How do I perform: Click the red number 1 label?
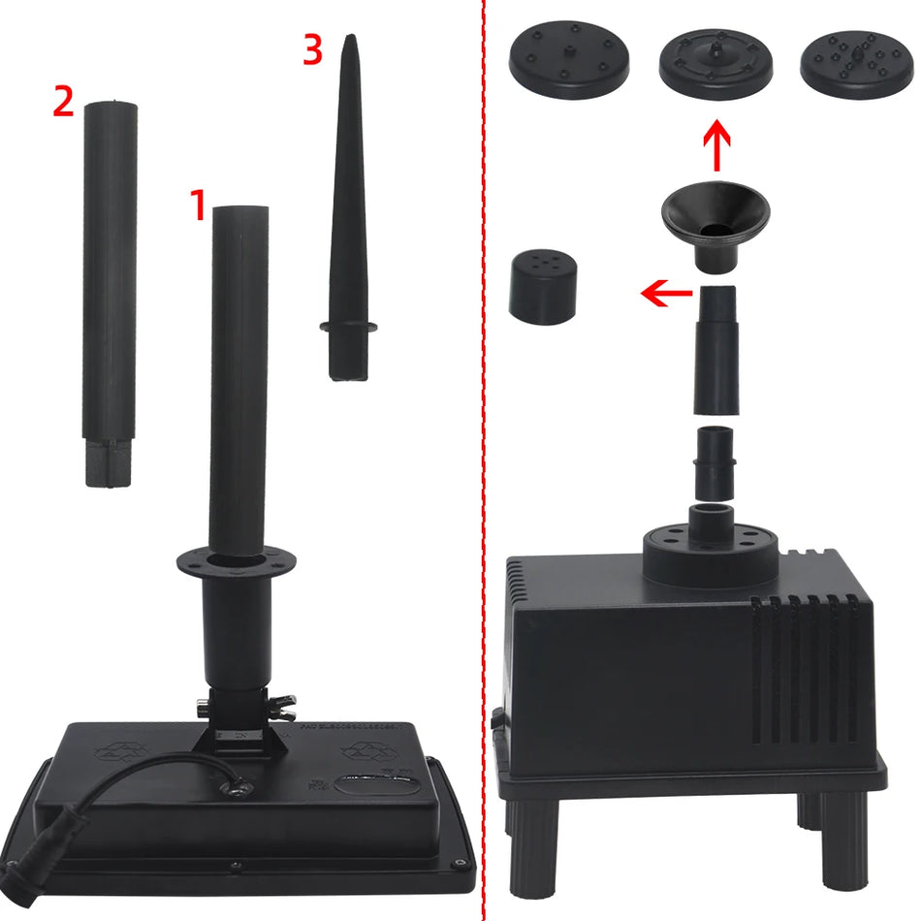(198, 206)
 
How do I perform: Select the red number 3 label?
(311, 50)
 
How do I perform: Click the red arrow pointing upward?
(715, 146)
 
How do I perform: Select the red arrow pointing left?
(667, 290)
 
